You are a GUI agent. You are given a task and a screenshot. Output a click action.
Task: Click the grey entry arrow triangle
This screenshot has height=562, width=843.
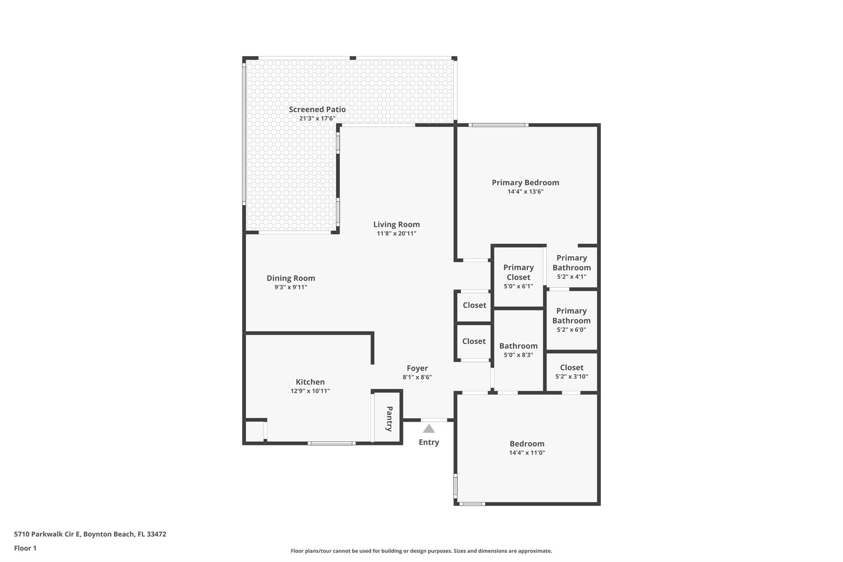[x=429, y=429]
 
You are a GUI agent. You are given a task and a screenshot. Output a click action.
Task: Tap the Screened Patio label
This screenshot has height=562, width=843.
[x=317, y=110]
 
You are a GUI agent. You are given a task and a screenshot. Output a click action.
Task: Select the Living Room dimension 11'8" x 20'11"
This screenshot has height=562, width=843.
[x=396, y=233]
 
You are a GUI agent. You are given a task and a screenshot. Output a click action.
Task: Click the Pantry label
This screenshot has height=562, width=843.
[x=389, y=419]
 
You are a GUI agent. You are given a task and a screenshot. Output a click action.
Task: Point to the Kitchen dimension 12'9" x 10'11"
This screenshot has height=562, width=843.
[x=310, y=391]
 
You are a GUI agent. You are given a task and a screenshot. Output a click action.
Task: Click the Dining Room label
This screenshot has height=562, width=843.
[x=291, y=278]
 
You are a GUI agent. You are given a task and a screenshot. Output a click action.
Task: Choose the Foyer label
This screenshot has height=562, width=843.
[x=417, y=368]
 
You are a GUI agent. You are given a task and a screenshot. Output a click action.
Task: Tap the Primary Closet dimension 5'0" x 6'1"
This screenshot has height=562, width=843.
[x=518, y=286]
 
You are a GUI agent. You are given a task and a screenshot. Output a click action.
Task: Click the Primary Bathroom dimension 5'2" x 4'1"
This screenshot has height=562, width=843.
[x=571, y=277]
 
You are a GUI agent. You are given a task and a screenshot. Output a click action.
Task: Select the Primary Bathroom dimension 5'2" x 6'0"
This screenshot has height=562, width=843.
[x=571, y=329]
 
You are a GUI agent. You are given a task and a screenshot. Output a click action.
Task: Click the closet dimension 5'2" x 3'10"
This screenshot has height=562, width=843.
[x=571, y=376]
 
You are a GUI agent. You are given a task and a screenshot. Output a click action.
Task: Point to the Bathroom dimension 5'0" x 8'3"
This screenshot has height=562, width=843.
[x=518, y=355]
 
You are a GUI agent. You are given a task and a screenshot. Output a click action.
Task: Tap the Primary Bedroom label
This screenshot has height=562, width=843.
[x=525, y=182]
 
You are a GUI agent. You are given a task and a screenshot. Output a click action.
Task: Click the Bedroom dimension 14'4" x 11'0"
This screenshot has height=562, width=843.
[x=527, y=452]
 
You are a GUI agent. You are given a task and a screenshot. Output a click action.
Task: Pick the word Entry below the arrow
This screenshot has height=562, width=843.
[x=429, y=442]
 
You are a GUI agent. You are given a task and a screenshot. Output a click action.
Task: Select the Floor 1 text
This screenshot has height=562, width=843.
[x=25, y=548]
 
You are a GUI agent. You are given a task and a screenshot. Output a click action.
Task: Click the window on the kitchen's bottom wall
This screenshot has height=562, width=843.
[x=331, y=443]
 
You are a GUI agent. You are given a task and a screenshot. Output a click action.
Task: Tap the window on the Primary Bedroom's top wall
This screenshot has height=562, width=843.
[x=498, y=125]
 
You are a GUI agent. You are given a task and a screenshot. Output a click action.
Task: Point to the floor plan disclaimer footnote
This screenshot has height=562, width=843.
[x=421, y=551]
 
